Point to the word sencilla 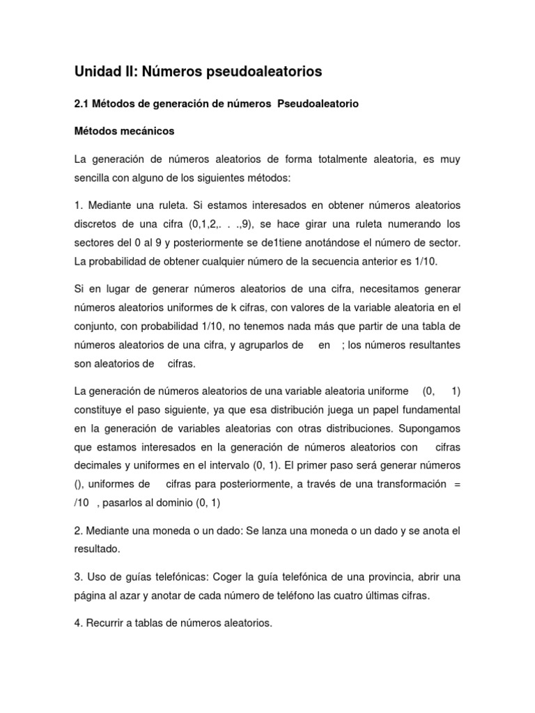[x=94, y=178]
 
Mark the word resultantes [x=431, y=345]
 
